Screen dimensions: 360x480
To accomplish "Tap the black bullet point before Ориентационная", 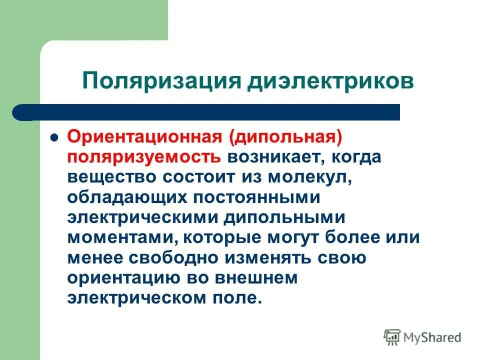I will click(x=55, y=137).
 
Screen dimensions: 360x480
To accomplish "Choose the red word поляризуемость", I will click(x=144, y=157).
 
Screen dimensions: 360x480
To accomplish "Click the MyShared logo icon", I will click(x=392, y=337).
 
